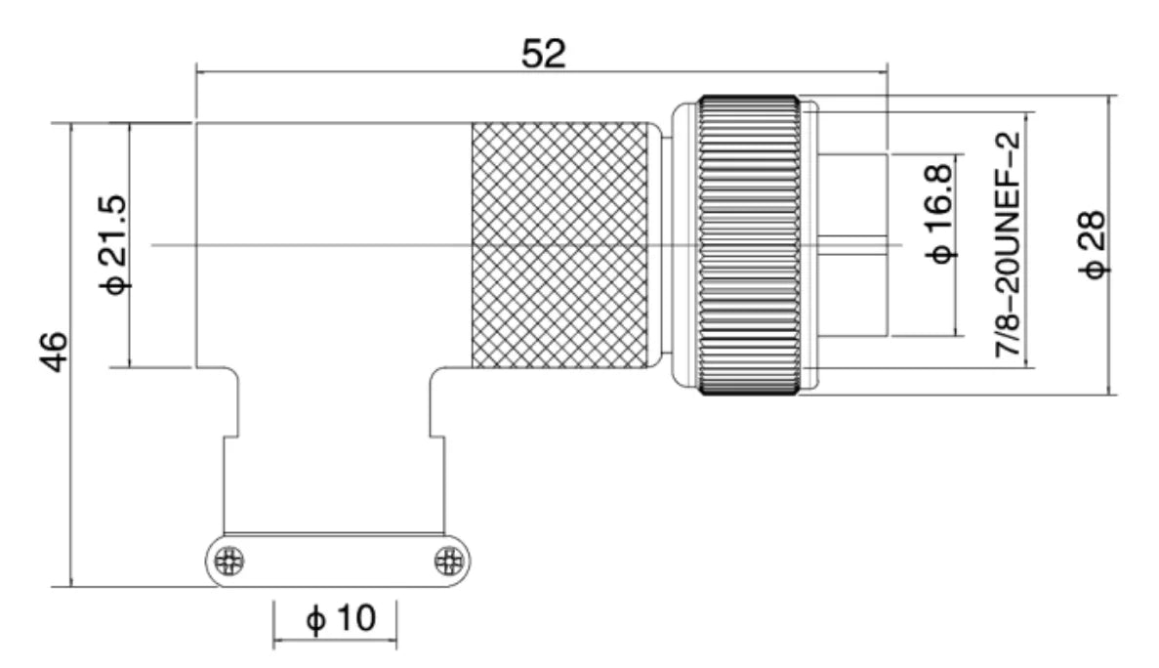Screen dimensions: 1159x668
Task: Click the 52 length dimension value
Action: (x=543, y=54)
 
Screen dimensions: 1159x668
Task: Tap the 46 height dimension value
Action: (x=54, y=353)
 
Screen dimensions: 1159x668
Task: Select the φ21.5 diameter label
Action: (x=114, y=244)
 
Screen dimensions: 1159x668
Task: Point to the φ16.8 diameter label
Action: (x=939, y=214)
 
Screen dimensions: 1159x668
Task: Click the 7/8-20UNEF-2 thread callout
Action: (x=1008, y=245)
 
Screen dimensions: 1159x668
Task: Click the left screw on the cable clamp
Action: (x=229, y=563)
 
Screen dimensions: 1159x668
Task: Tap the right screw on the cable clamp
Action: (x=448, y=563)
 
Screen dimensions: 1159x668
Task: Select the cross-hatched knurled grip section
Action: (x=561, y=245)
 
